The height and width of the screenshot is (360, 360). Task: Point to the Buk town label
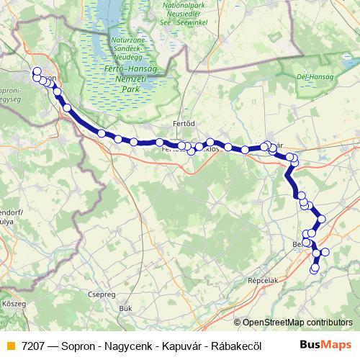(x=126, y=308)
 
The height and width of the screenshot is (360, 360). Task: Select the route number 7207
(x=33, y=345)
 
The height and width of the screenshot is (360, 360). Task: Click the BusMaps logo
(x=325, y=344)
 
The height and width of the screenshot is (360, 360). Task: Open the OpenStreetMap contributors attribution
(x=297, y=323)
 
